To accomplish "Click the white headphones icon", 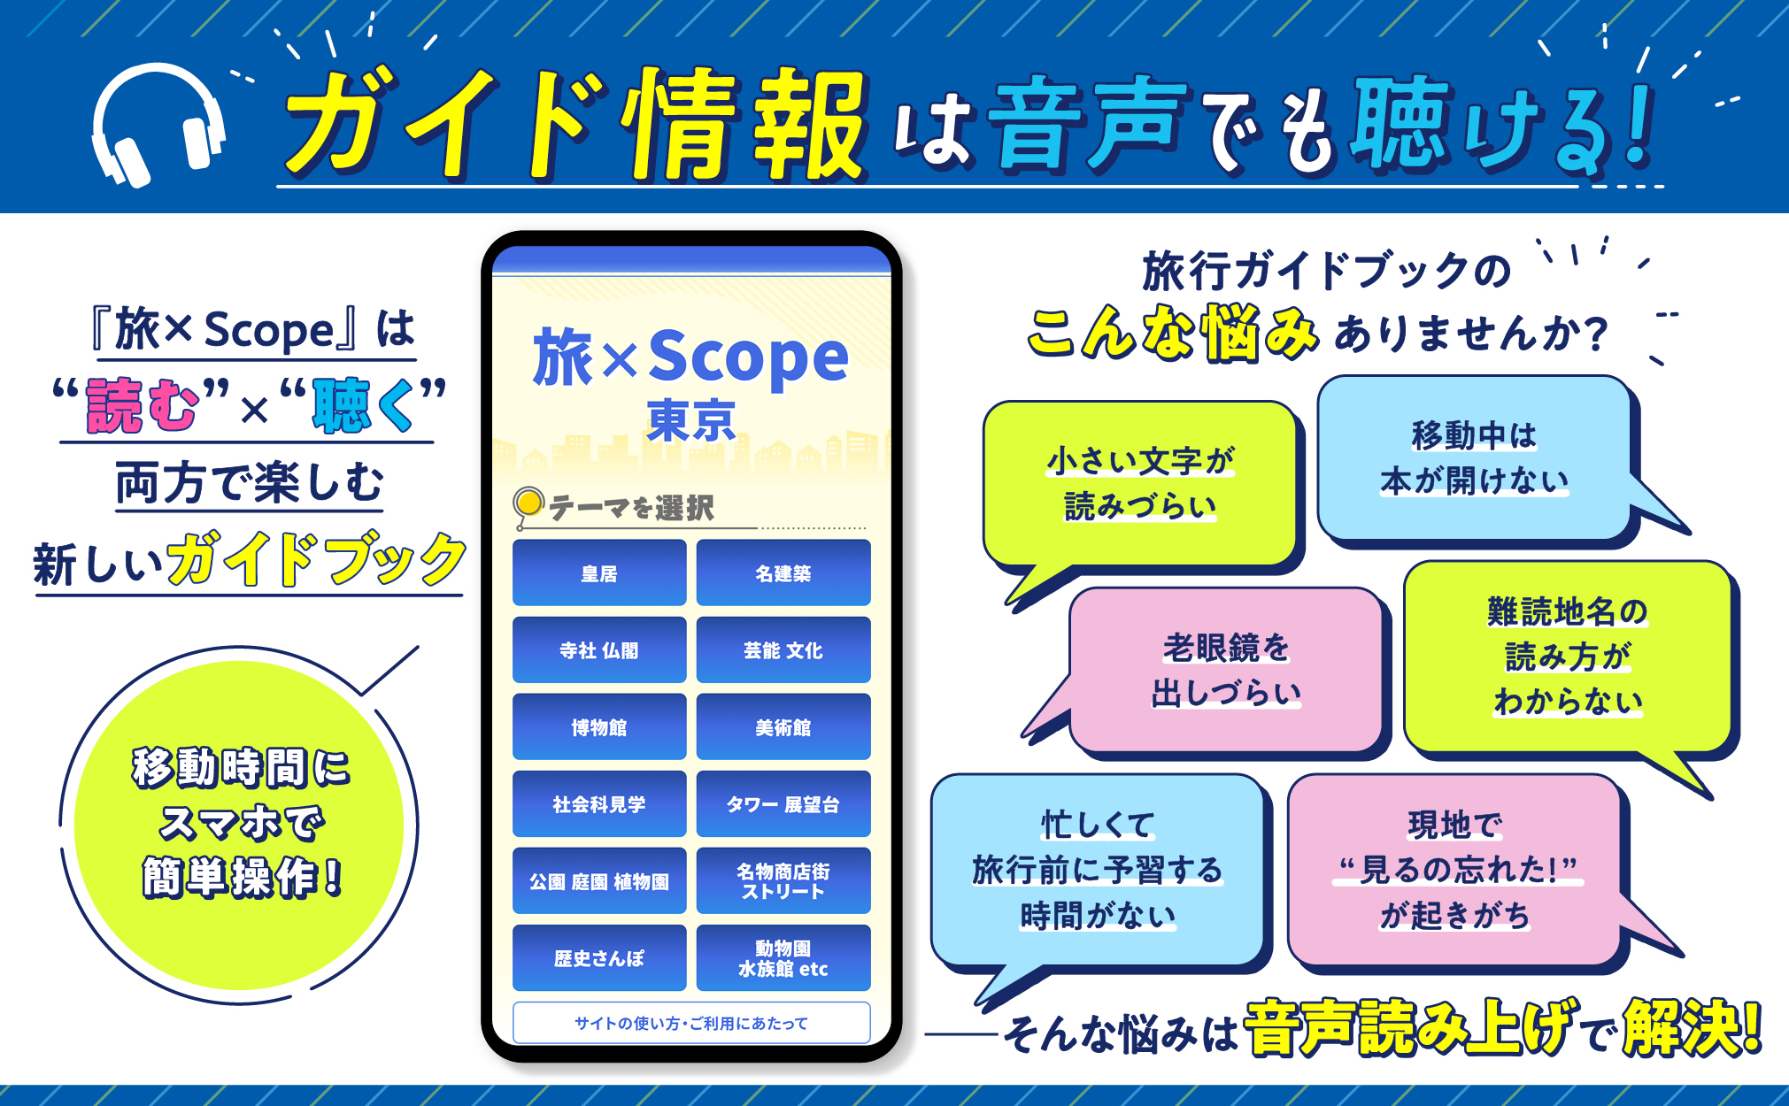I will (x=158, y=124).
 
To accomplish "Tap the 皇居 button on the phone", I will (x=599, y=573).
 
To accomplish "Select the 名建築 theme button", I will (x=783, y=573).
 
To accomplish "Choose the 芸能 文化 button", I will (x=783, y=650).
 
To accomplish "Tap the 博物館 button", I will (x=599, y=727).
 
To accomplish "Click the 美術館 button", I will (x=783, y=727).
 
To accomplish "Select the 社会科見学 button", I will (x=599, y=804).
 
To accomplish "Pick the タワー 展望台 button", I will (x=783, y=804).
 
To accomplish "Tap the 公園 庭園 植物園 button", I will (x=599, y=881).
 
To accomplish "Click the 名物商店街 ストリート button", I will (x=783, y=881).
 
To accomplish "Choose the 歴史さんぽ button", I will (x=599, y=958).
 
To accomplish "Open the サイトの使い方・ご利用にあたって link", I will (x=690, y=1023).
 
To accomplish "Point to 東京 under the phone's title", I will (x=691, y=420).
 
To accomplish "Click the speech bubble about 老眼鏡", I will (x=1226, y=670).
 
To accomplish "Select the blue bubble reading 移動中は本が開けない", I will (x=1474, y=458).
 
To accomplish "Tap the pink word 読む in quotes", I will (x=142, y=406).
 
